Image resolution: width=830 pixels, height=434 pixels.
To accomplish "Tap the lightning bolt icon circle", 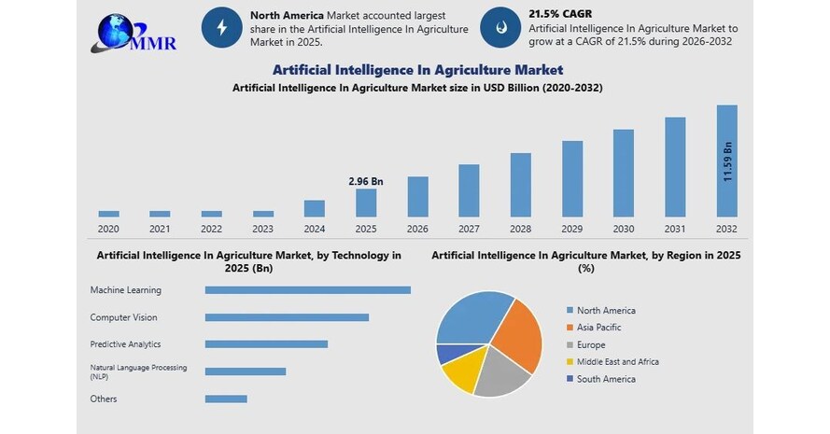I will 221,28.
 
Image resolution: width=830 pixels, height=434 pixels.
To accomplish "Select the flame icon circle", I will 499,28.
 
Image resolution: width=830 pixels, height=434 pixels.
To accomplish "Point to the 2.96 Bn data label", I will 366,180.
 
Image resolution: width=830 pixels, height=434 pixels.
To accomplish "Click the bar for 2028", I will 521,185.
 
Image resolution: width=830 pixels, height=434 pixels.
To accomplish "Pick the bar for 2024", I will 315,208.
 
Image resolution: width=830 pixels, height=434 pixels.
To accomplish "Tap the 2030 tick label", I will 624,229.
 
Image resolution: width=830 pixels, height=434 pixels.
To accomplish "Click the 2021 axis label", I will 160,229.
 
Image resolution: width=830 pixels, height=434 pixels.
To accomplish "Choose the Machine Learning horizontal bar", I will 307,290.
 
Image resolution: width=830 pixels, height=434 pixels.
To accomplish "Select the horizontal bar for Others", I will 226,399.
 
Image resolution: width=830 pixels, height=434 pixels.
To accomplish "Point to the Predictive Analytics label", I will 125,344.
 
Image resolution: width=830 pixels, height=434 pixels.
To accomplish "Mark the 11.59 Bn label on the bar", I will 727,161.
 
